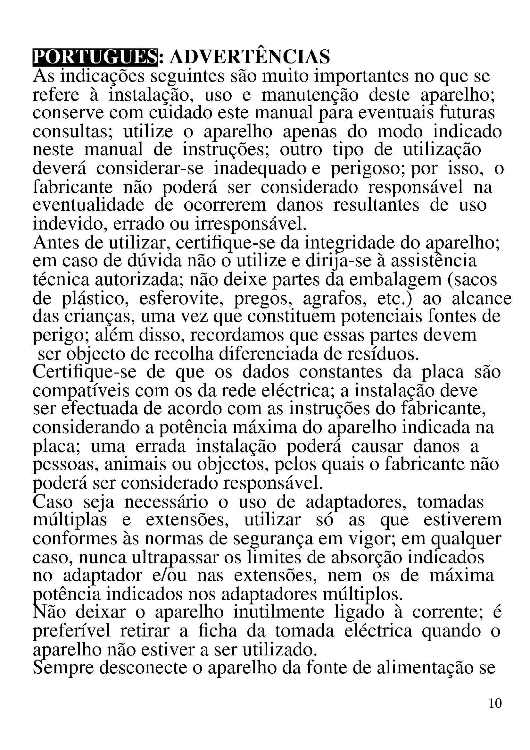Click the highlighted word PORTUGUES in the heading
(95, 57)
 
